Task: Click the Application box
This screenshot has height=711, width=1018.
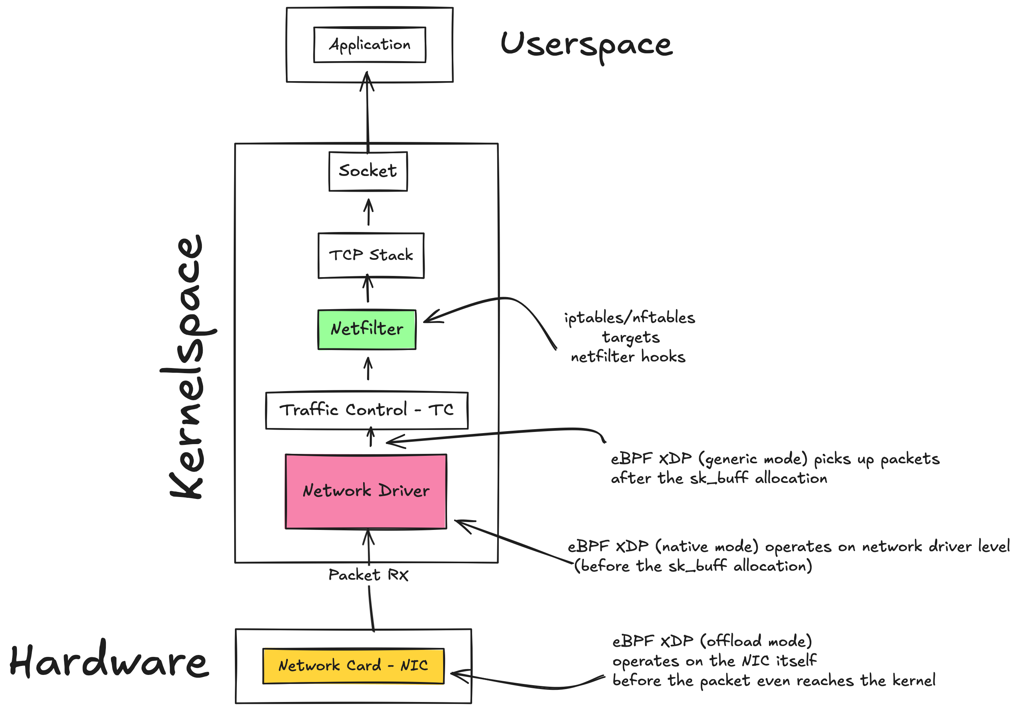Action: click(x=369, y=45)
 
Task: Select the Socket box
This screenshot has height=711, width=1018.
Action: click(x=367, y=171)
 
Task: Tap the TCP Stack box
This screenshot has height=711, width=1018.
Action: click(x=371, y=255)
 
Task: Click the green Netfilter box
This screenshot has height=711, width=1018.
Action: click(x=367, y=329)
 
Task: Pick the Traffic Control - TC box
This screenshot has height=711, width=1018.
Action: click(x=366, y=410)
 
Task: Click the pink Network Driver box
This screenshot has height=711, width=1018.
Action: click(x=366, y=491)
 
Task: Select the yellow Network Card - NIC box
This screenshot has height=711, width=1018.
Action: click(x=353, y=666)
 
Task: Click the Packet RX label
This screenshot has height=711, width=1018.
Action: click(x=368, y=575)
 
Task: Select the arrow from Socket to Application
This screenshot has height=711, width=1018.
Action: click(x=367, y=111)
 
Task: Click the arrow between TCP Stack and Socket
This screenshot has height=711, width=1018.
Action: click(x=368, y=212)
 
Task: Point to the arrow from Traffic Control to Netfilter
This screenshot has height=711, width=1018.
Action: click(x=368, y=369)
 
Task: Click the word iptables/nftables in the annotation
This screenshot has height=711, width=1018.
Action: click(x=630, y=318)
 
